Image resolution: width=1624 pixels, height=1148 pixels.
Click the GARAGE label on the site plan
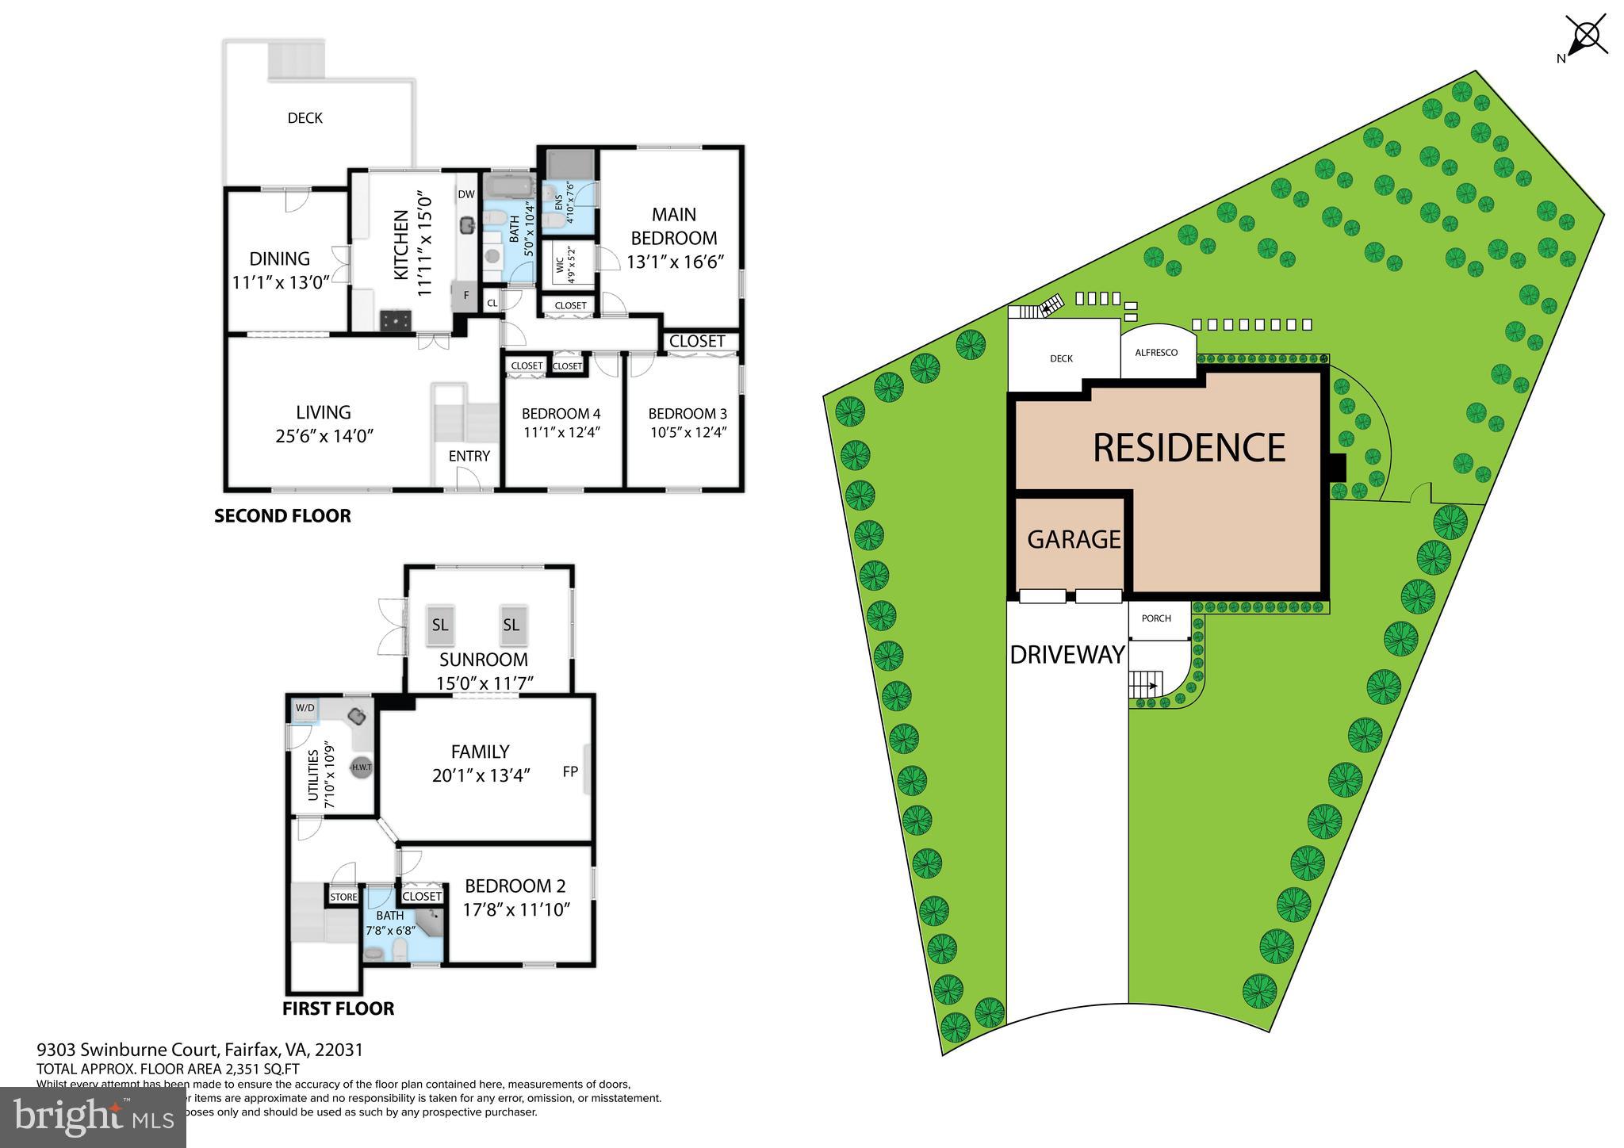(1074, 539)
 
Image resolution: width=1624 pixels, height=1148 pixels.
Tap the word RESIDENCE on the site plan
(1188, 448)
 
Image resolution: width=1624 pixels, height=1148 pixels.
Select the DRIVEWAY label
(1067, 655)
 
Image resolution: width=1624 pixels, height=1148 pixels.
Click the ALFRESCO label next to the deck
(1156, 353)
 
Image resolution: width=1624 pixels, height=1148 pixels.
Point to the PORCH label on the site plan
(1156, 618)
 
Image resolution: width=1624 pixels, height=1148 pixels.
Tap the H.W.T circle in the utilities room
(362, 767)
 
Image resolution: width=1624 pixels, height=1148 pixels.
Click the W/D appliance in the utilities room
(304, 708)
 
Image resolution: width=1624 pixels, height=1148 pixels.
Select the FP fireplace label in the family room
(570, 771)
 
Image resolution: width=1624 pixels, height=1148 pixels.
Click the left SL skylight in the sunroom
(440, 625)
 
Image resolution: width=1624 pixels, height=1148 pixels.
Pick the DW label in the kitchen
(465, 194)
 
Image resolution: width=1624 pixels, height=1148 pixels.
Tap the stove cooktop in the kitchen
(396, 320)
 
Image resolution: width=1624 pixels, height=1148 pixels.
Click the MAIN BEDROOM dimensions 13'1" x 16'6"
(676, 262)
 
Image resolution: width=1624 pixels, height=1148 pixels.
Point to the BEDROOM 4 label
(561, 413)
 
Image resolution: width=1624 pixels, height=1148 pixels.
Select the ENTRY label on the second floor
(469, 456)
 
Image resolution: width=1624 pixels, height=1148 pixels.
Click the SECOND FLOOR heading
(282, 516)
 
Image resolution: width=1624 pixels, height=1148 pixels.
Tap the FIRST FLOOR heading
(338, 1008)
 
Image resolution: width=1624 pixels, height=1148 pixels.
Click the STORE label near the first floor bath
(343, 897)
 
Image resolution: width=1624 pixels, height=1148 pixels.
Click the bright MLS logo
(93, 1117)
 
